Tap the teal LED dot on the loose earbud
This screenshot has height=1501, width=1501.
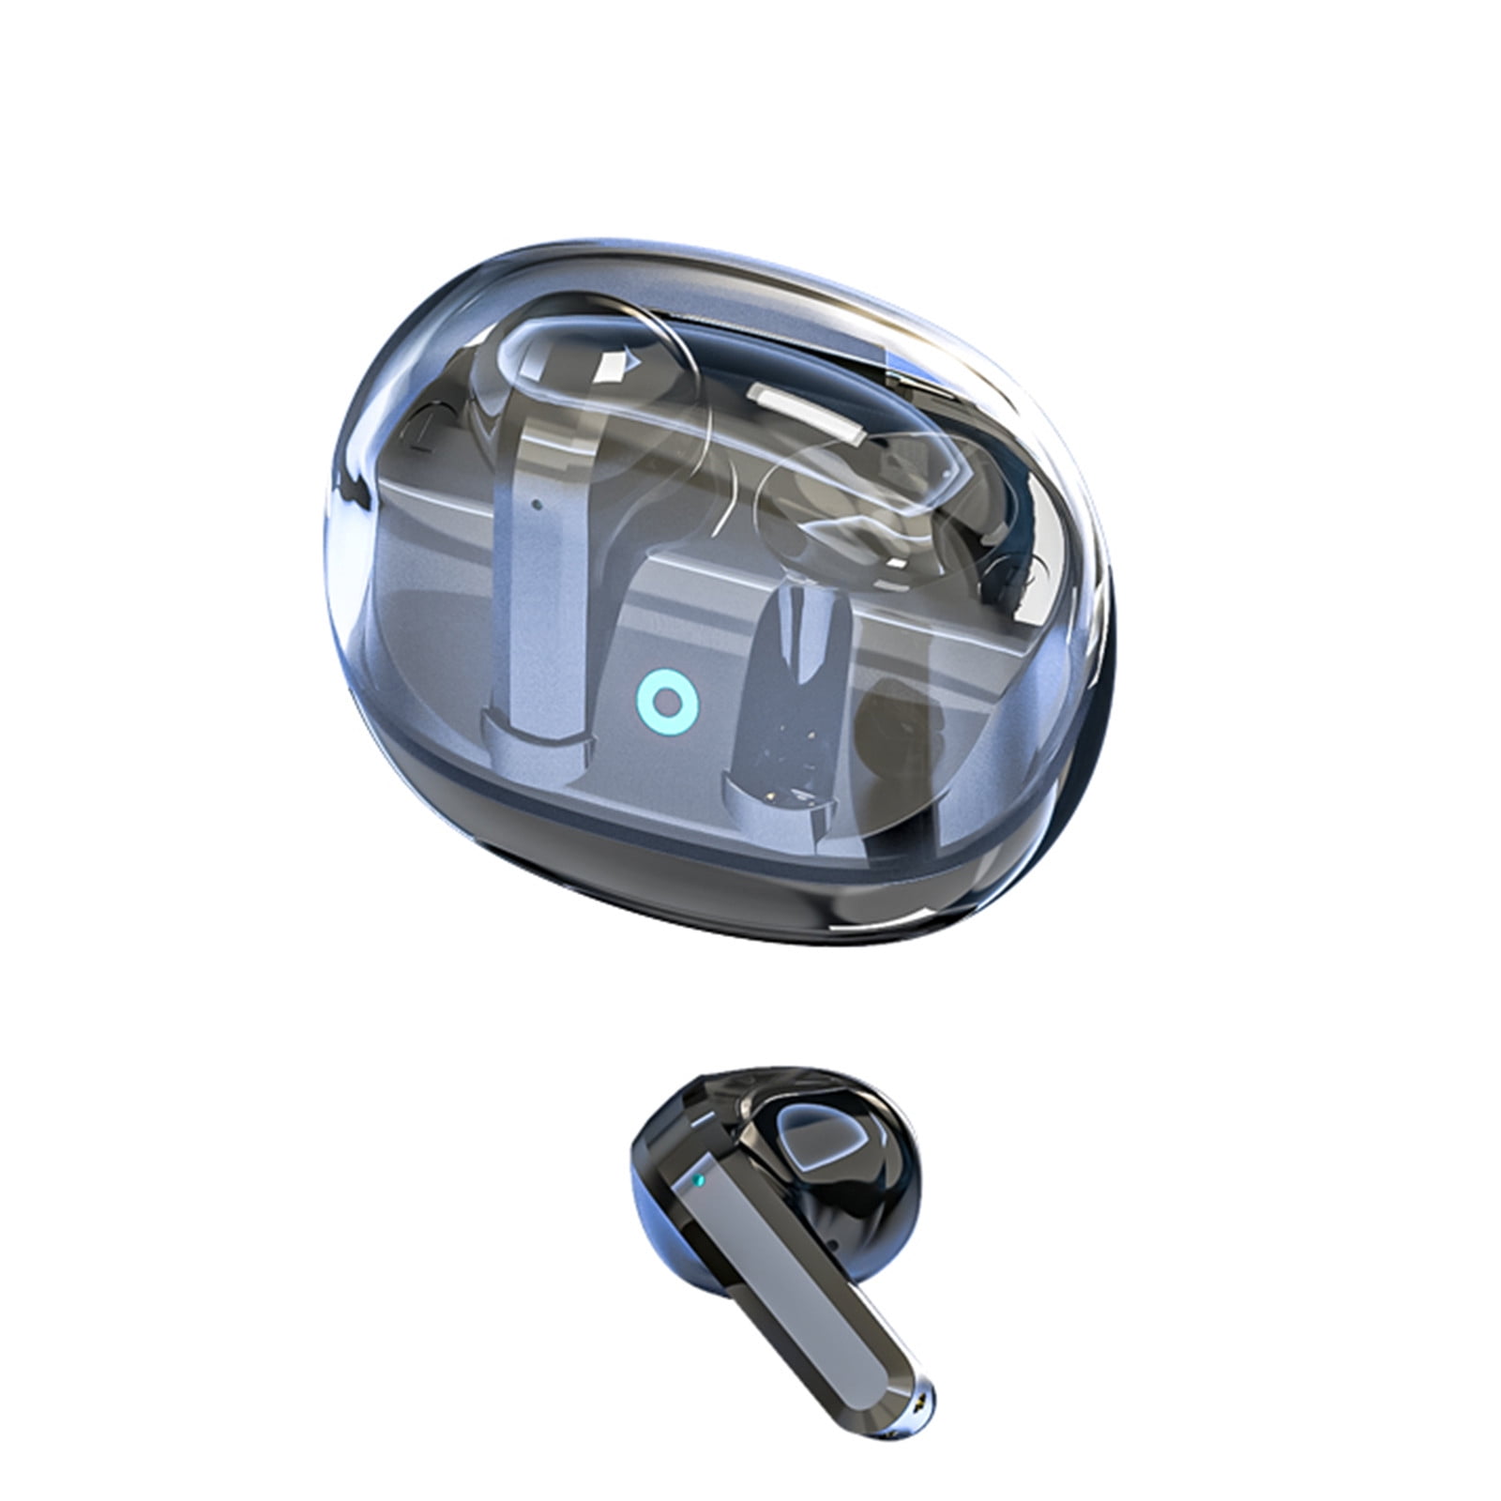coord(697,1178)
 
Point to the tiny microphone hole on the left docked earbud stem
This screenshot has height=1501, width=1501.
coord(536,503)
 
